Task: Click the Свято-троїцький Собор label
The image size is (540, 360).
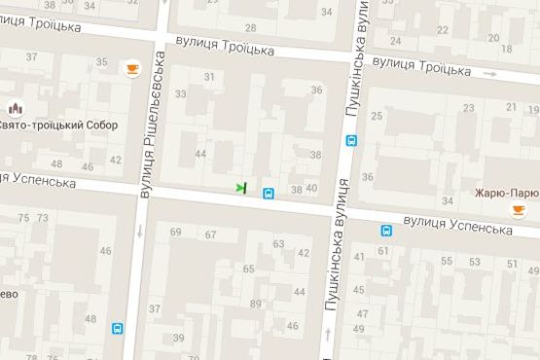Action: point(65,126)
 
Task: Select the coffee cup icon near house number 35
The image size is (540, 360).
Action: point(131,67)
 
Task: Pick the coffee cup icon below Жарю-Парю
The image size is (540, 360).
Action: point(518,209)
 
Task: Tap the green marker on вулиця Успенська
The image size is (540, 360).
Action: point(241,186)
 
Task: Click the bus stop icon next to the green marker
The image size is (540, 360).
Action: point(268,193)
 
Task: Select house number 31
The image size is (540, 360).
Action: point(209,77)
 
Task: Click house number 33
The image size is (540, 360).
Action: point(181,94)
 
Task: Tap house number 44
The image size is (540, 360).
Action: point(200,154)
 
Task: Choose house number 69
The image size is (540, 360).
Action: point(176,233)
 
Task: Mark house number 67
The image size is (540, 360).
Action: point(210,234)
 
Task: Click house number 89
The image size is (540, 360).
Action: point(256,305)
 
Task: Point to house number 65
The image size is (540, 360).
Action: point(249,269)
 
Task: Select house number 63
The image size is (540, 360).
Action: point(278,243)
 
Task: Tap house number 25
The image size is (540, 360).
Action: point(470,108)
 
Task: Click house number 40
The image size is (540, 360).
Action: point(311,188)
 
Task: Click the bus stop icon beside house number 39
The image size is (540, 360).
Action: point(118,329)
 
